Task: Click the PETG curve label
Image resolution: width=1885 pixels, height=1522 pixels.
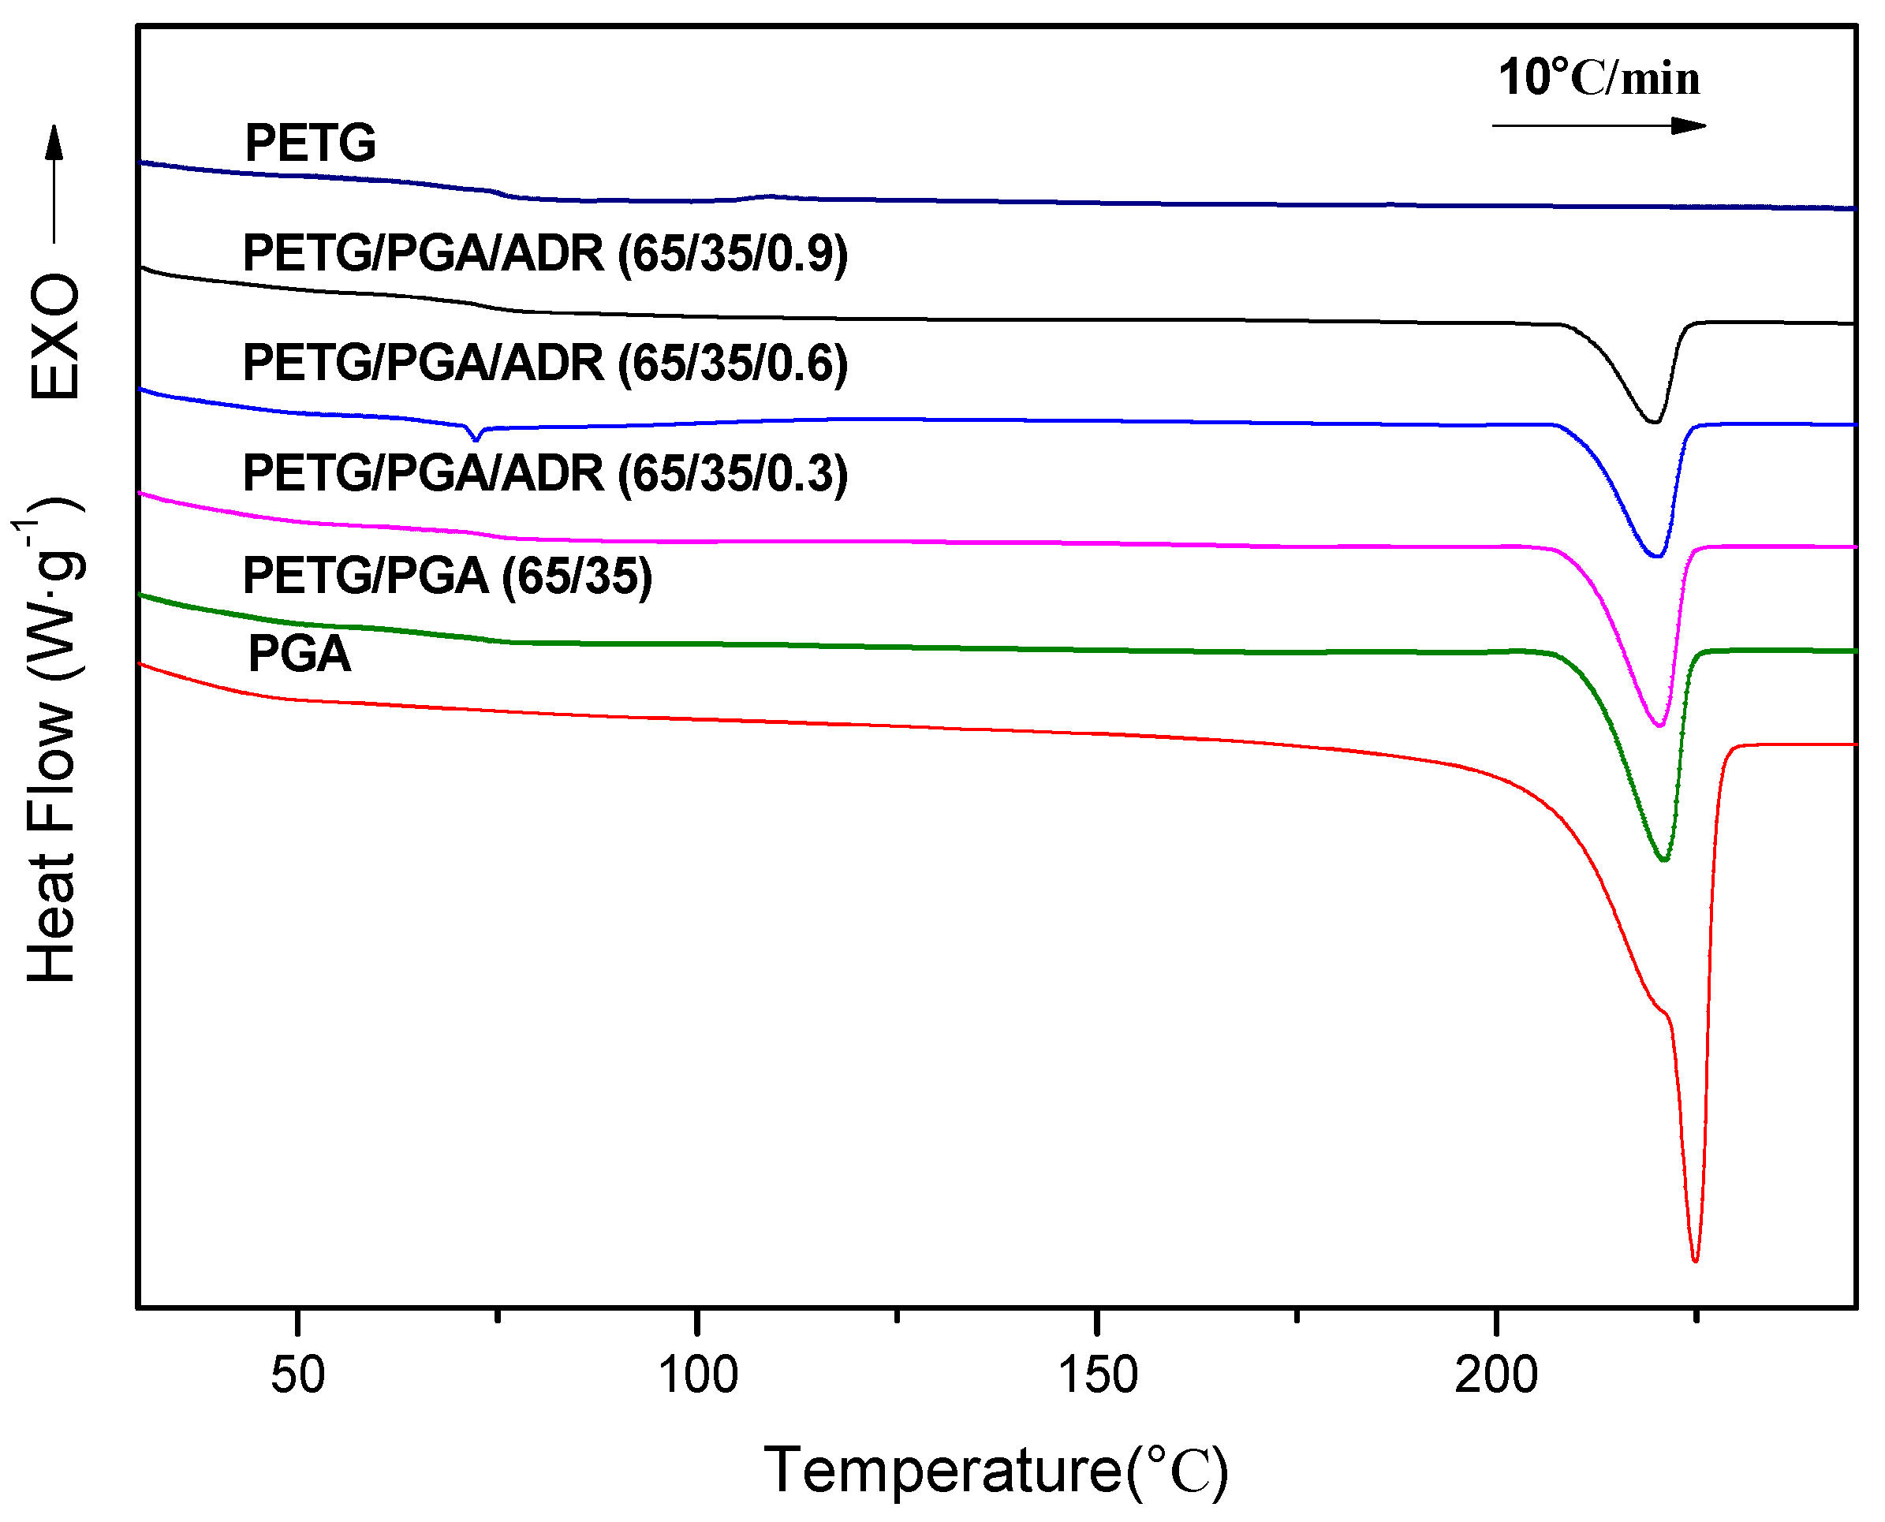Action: (x=311, y=144)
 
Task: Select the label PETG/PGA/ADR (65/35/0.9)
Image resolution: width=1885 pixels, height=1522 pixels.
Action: (x=545, y=254)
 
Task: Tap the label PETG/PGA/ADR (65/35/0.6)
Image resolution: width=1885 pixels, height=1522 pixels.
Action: (x=545, y=364)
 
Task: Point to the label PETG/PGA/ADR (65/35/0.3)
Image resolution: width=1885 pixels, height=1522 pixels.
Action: (x=545, y=474)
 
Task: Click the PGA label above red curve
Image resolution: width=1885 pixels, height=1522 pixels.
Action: (x=299, y=655)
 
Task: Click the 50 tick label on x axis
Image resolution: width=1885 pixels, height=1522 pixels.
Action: (x=298, y=1375)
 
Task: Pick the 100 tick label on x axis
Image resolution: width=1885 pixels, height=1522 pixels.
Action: (x=698, y=1375)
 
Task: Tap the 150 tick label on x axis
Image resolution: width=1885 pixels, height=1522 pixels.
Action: (x=1098, y=1375)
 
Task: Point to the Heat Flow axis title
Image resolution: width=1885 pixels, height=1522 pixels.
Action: (x=53, y=740)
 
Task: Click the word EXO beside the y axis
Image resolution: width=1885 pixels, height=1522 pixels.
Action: (x=54, y=337)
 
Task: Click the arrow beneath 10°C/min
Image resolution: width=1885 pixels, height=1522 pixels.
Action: (x=1599, y=126)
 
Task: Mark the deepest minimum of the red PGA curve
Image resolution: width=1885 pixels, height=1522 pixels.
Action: (x=1695, y=1261)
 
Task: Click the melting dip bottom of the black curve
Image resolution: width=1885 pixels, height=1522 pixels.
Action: (x=1655, y=423)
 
